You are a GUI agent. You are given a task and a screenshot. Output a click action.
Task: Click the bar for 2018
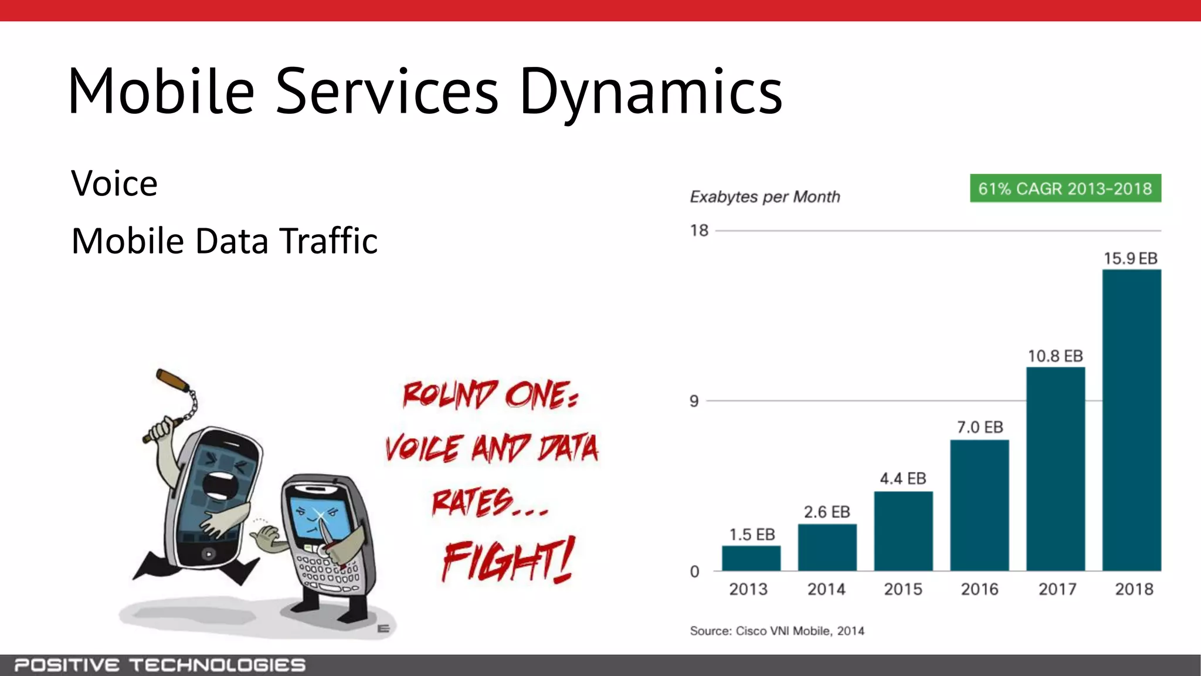1131,420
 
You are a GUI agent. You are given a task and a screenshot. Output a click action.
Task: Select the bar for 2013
751,558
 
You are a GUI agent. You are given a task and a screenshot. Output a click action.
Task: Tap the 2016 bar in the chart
979,505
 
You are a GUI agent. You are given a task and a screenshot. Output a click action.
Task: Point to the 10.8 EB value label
1055,356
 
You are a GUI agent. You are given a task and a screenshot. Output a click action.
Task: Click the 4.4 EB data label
903,479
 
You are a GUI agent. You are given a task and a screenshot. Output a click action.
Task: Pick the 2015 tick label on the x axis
903,589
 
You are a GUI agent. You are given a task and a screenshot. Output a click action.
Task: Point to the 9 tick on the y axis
694,401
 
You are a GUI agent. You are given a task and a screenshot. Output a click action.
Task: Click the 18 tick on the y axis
699,231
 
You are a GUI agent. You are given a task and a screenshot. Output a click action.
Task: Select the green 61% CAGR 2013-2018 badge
1065,188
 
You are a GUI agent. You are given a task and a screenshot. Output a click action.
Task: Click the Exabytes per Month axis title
765,197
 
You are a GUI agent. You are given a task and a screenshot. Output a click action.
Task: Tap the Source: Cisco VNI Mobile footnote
776,631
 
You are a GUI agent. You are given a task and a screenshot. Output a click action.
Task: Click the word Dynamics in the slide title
651,92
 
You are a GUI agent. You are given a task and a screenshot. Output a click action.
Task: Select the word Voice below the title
114,183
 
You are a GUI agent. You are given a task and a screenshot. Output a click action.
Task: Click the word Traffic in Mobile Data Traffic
328,241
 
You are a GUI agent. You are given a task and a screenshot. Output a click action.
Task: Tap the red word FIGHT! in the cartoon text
508,560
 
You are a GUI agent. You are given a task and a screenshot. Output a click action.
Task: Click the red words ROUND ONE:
490,394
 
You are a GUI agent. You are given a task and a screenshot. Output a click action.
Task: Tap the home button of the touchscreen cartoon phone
208,553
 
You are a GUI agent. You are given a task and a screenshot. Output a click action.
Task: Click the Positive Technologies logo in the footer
160,665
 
